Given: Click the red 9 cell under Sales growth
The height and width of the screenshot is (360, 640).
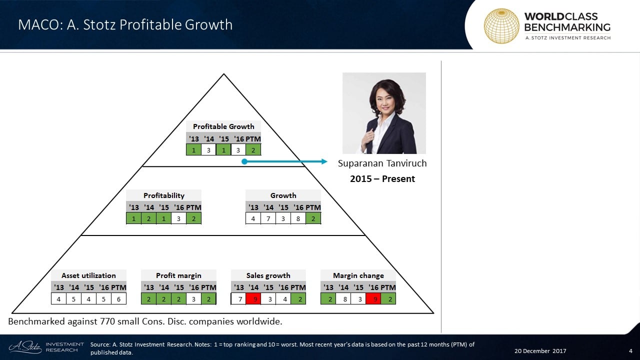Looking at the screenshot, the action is [x=253, y=299].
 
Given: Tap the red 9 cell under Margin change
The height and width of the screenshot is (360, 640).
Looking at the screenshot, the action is [x=373, y=299].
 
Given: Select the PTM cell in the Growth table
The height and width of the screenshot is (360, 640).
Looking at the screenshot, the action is [x=313, y=218].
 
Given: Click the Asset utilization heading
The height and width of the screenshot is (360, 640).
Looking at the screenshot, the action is [x=88, y=275].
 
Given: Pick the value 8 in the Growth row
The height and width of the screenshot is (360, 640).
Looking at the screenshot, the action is [x=298, y=218].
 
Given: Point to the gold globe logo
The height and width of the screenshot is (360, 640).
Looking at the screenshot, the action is [x=501, y=25].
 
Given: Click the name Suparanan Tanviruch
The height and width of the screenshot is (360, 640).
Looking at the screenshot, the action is [x=382, y=163].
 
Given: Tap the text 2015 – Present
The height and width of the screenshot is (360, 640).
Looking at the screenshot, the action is [x=382, y=178].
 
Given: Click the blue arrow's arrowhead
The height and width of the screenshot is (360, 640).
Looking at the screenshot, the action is [x=324, y=161].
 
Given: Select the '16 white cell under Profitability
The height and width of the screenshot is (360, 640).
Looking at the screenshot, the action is [x=178, y=218].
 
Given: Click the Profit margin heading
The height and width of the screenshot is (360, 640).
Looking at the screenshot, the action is [x=178, y=275].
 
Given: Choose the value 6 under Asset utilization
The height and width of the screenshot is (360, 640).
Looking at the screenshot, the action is [x=118, y=299].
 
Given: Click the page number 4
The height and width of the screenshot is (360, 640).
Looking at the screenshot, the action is [x=630, y=351].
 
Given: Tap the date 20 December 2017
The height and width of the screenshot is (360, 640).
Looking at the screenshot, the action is [x=540, y=351].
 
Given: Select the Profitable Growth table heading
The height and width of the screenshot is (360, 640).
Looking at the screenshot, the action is [x=223, y=126].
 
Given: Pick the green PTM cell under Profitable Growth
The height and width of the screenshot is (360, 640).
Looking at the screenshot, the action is [x=253, y=149].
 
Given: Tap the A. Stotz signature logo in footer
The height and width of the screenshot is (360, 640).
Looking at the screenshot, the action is [x=25, y=347].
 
